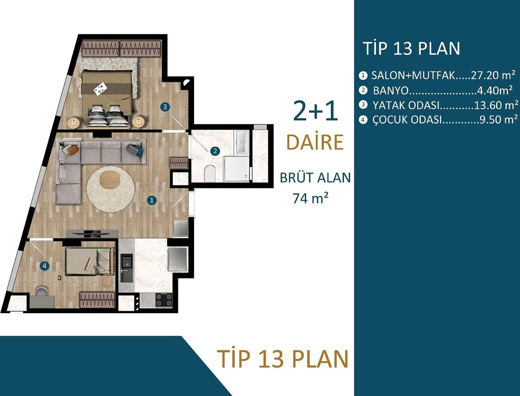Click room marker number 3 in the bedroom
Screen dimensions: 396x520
(x=165, y=107)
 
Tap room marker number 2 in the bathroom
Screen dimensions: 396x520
(x=215, y=151)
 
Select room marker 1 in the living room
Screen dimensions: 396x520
(x=152, y=200)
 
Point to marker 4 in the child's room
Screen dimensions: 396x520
(x=44, y=266)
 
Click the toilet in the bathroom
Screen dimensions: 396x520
(x=209, y=174)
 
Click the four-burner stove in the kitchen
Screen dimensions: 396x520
(x=164, y=300)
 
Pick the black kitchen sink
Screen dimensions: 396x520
(x=126, y=267)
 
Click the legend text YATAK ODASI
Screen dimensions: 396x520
(x=406, y=105)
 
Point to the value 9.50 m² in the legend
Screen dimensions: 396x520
(x=498, y=120)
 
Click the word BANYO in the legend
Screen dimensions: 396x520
(x=390, y=90)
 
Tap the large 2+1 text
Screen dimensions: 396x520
(x=315, y=111)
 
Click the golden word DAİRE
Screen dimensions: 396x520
(x=315, y=142)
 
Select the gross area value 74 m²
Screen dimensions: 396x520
(x=310, y=198)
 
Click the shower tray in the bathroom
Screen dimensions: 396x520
(x=237, y=168)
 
